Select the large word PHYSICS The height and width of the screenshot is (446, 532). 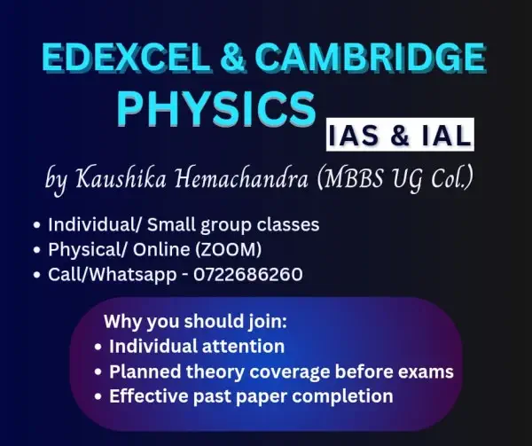(217, 109)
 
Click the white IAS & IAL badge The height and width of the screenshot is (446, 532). (397, 136)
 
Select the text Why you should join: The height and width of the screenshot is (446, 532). (176, 320)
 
